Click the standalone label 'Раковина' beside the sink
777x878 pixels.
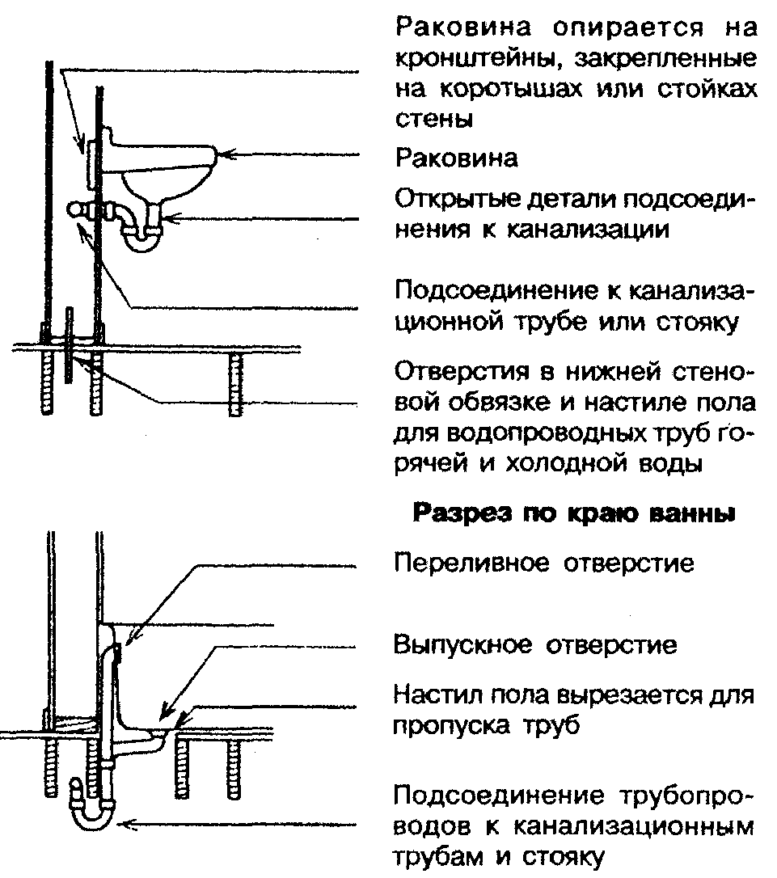coord(457,158)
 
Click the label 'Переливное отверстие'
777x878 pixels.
coord(544,563)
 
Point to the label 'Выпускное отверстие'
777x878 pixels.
coord(535,646)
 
